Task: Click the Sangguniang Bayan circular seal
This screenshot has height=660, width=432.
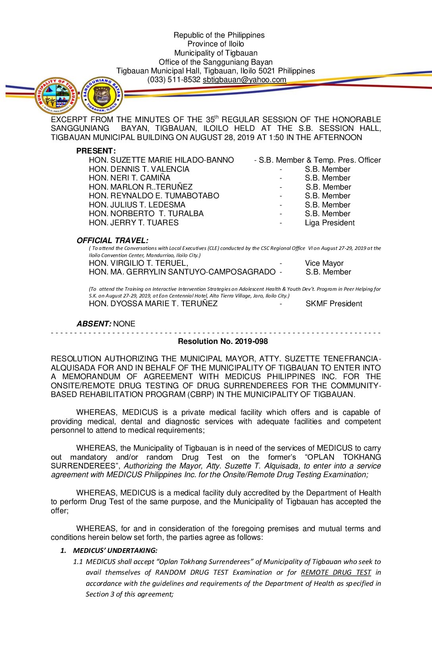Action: click(102, 95)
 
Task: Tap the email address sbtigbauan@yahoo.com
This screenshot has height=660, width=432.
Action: click(244, 80)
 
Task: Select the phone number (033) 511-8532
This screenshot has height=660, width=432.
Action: click(174, 80)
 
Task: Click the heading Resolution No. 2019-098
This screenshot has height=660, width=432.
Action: click(223, 342)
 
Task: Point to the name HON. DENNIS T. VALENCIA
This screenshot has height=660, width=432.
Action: click(139, 169)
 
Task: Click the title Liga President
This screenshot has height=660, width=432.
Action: click(330, 223)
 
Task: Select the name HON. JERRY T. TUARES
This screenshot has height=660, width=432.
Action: click(134, 223)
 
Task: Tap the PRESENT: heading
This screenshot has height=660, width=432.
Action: click(96, 151)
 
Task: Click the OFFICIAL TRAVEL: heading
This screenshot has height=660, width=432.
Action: click(112, 240)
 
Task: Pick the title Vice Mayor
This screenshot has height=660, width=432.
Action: click(324, 263)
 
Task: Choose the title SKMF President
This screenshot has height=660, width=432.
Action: click(334, 304)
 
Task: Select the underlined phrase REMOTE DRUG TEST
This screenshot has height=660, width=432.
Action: click(336, 573)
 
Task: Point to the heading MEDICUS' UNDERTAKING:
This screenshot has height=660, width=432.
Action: click(115, 551)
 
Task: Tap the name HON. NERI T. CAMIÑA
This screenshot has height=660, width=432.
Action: click(129, 178)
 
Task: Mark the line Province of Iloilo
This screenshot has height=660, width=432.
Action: click(216, 44)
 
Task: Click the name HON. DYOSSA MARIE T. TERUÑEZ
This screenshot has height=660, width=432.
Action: click(153, 304)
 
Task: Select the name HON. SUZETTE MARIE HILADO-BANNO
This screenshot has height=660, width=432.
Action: click(161, 160)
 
